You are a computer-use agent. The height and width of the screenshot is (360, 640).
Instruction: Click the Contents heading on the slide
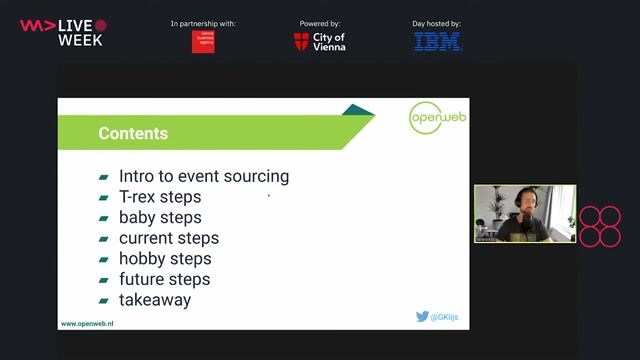tap(133, 134)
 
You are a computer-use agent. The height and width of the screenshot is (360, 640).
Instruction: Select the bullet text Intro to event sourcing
tap(204, 176)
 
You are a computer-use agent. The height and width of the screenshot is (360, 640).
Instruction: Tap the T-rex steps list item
tap(160, 197)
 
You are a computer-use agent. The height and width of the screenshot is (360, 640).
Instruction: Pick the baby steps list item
tap(160, 217)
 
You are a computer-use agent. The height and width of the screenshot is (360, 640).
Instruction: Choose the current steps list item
tap(169, 238)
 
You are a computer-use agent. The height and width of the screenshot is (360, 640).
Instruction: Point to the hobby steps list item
tap(165, 258)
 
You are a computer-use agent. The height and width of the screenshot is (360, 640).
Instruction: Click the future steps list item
tap(165, 279)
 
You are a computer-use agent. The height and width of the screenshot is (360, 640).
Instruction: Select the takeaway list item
tap(155, 299)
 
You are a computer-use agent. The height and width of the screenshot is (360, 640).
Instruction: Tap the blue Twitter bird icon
tap(422, 317)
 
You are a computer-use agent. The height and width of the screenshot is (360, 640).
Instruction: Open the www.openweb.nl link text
tap(87, 324)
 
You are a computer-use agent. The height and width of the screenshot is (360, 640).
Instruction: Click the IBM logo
tap(438, 42)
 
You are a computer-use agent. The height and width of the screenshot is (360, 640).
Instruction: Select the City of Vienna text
tap(329, 42)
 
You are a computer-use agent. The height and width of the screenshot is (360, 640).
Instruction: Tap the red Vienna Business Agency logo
tap(203, 42)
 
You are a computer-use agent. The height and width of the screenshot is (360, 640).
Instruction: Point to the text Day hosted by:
tap(438, 23)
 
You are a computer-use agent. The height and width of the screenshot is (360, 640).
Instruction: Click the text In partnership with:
tap(203, 23)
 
